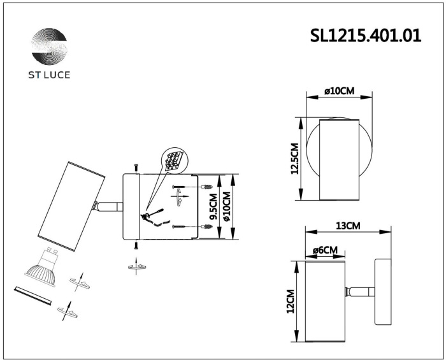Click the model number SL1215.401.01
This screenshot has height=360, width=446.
(366, 36)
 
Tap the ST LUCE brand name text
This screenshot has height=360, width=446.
(49, 75)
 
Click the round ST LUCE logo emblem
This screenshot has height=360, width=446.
(49, 47)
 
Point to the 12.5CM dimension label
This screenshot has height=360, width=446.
(294, 159)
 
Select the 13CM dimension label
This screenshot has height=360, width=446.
(348, 226)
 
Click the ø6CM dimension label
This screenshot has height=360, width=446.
(325, 250)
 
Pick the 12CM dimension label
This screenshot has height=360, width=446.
(290, 301)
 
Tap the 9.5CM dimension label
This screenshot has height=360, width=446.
(213, 206)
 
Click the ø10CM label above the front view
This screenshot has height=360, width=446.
(340, 91)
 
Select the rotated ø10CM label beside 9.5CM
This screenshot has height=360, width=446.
(227, 206)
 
